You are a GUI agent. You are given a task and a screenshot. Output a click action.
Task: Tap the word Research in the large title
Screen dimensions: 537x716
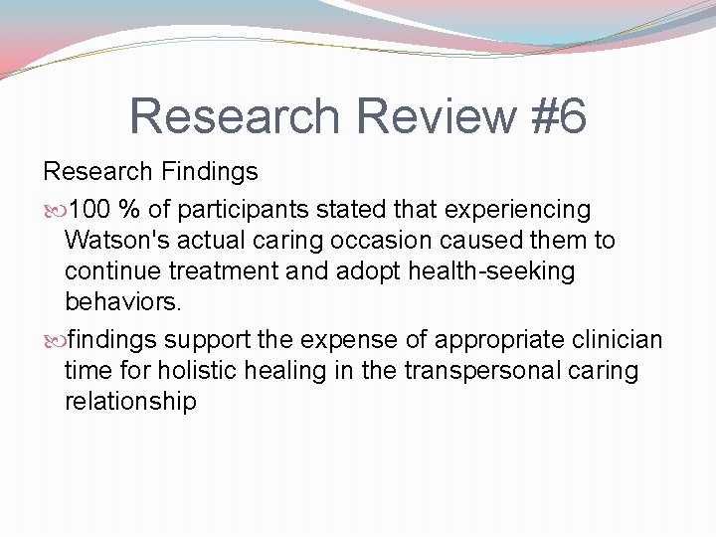pos(235,115)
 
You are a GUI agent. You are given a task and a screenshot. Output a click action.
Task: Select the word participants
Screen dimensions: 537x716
pos(230,210)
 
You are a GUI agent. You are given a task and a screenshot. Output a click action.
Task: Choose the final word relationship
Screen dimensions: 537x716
pos(130,402)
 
